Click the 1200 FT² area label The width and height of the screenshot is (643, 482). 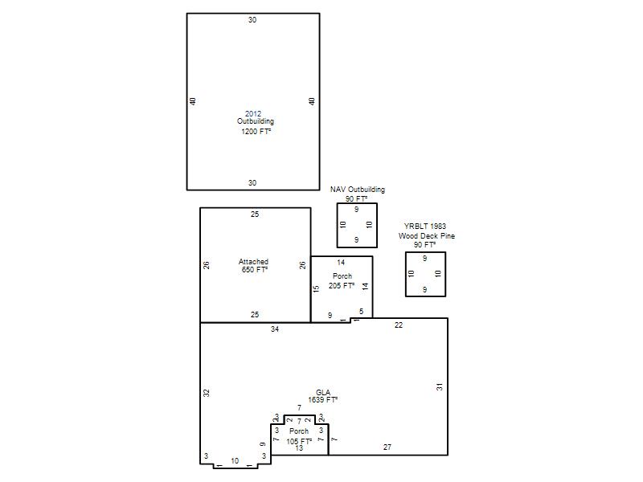pos(256,131)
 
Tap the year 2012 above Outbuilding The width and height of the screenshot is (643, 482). pos(253,113)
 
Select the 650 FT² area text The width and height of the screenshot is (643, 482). pos(255,269)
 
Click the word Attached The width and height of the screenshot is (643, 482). pos(253,262)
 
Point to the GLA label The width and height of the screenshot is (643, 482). pos(323,392)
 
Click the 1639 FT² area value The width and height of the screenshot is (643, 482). pos(323,399)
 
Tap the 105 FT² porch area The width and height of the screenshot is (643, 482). pos(299,441)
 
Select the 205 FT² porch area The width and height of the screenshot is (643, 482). pos(342,285)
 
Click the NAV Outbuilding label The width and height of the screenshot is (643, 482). pos(358,190)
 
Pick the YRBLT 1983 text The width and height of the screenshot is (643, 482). pos(425,226)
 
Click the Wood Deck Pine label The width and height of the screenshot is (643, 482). pos(427,235)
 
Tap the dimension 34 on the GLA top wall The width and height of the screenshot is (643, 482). pos(275,329)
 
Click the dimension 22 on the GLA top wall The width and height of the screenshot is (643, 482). pos(399,325)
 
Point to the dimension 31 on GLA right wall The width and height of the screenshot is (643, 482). pos(440,386)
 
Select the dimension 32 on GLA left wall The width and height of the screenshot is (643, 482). pos(207,392)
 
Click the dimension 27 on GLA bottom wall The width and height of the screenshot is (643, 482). pos(387,447)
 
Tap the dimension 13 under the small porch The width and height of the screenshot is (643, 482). pos(299,448)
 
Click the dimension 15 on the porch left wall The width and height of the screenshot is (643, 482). pos(316,288)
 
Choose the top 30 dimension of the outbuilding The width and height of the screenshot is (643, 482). pos(252,19)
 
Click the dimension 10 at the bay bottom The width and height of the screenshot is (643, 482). pos(235,460)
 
